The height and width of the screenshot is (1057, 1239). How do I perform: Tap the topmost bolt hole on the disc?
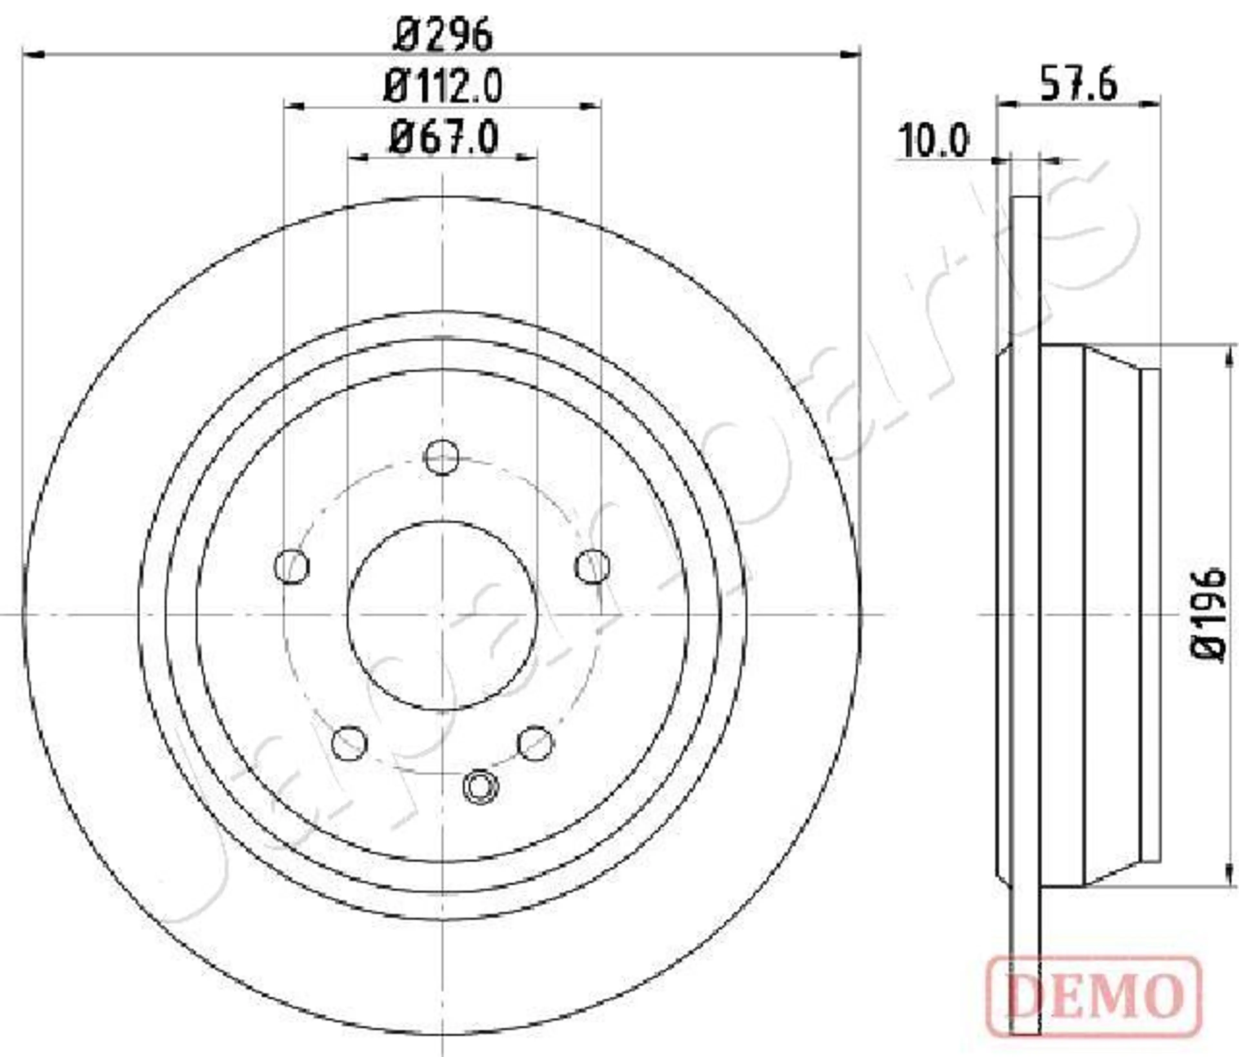pyautogui.click(x=441, y=458)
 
